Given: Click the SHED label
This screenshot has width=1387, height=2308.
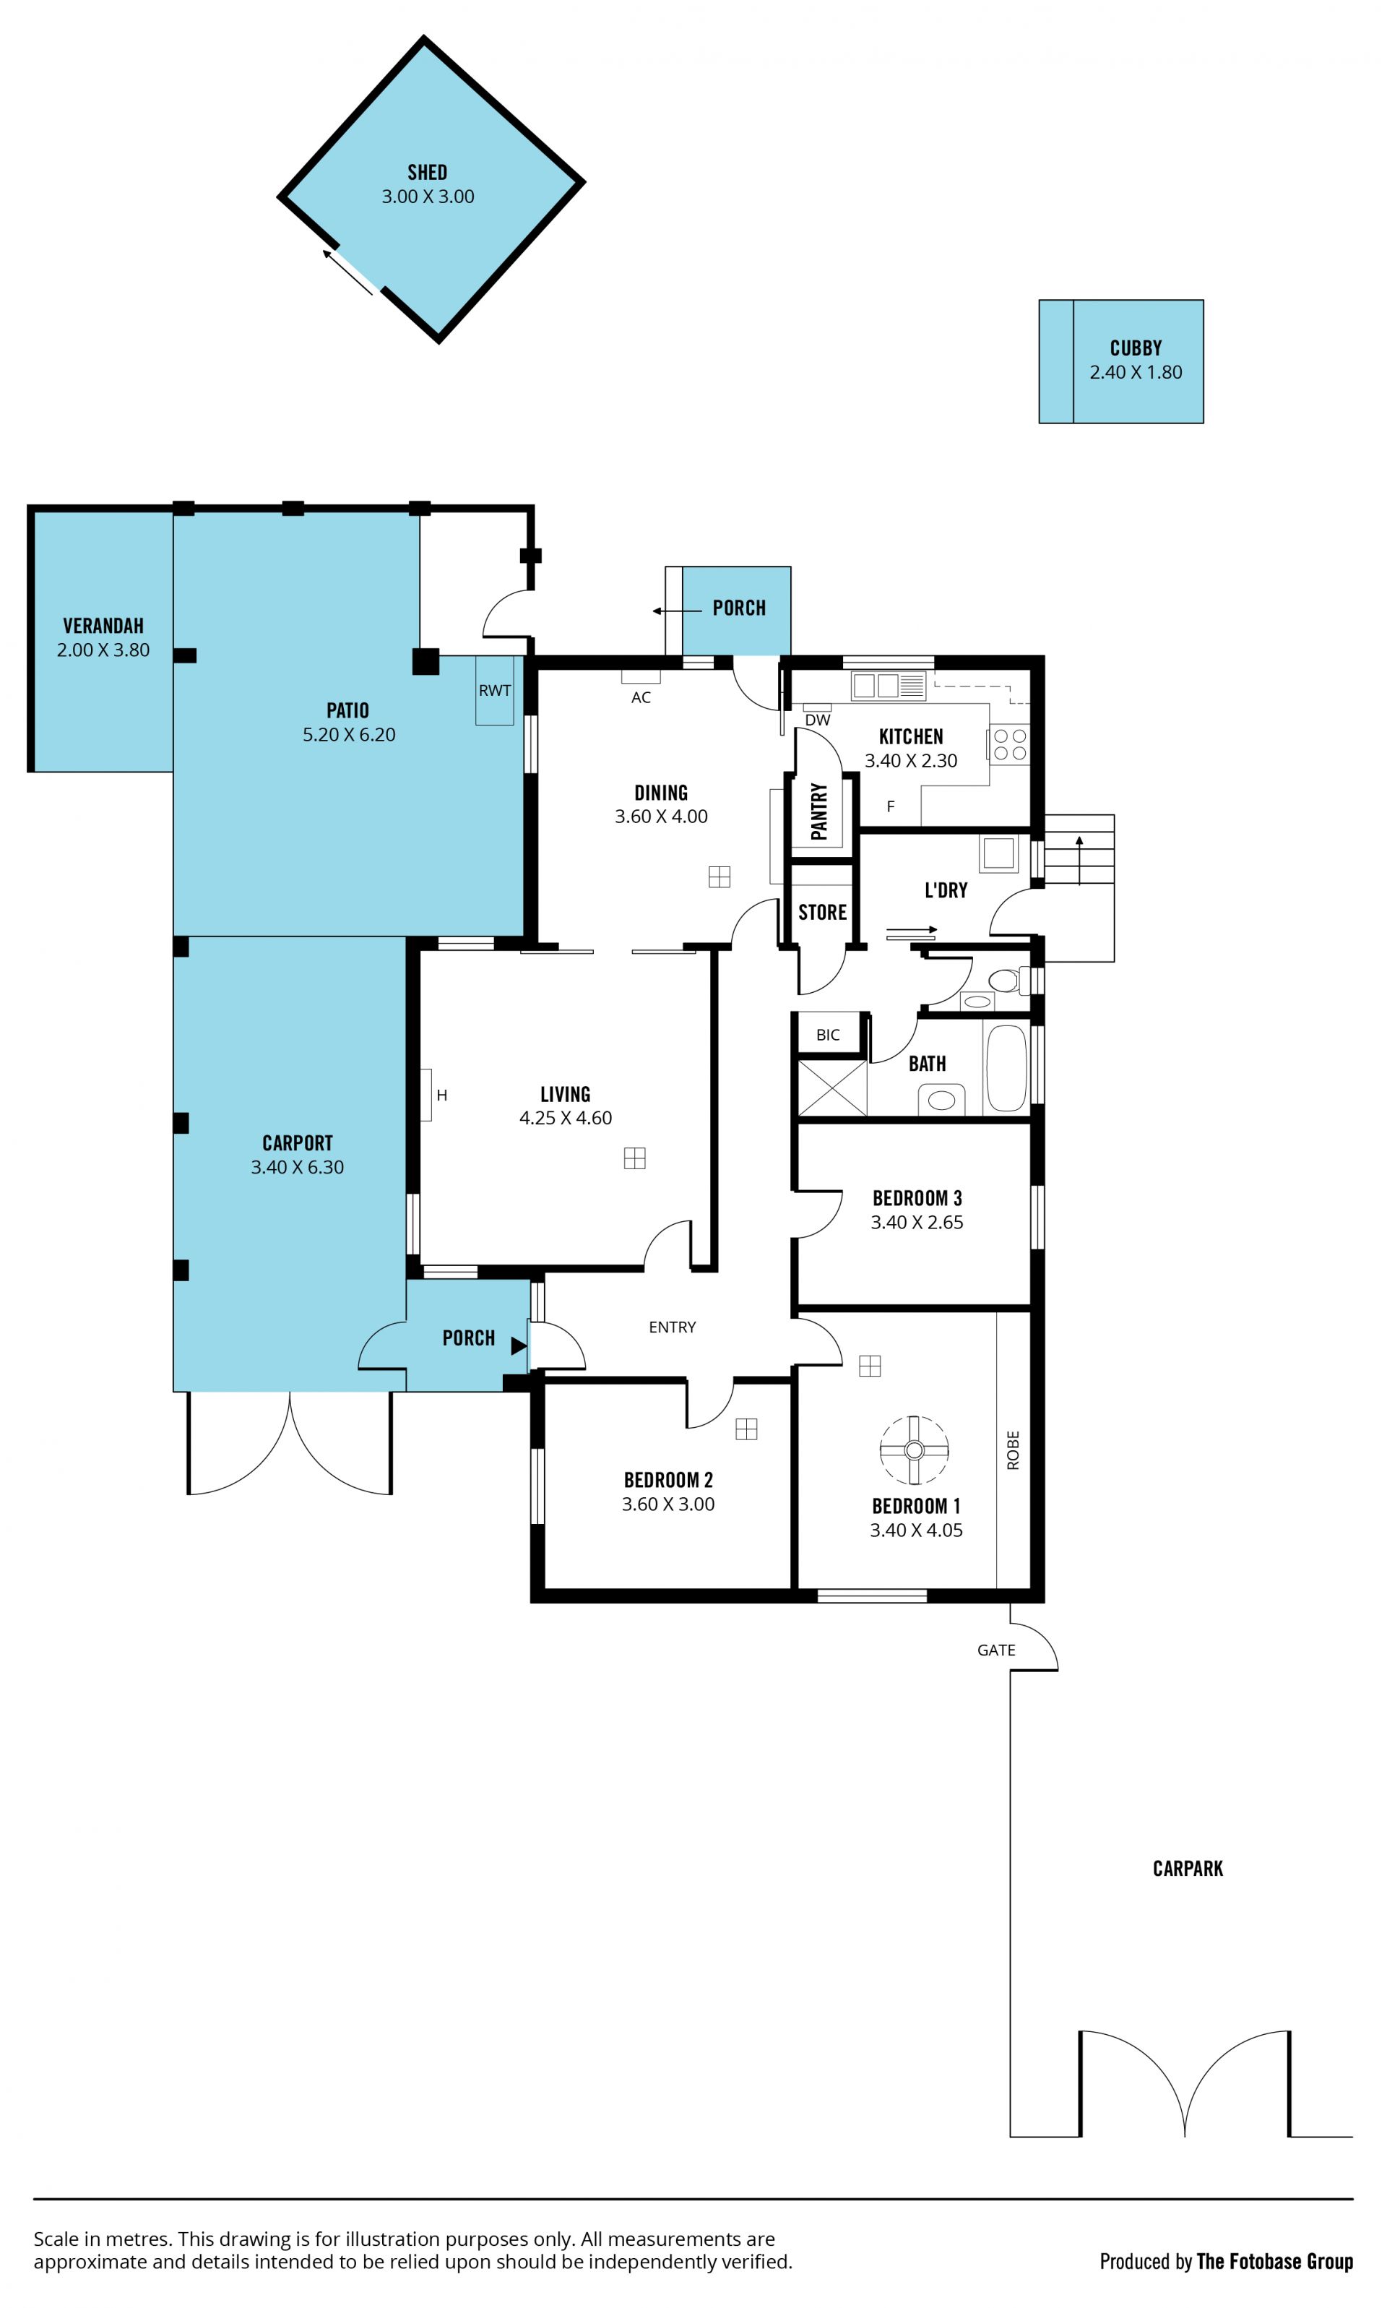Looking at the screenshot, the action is click(427, 172).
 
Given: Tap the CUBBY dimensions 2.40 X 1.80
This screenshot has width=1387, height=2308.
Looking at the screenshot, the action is click(1136, 372).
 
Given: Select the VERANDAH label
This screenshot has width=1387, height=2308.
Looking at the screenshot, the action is click(103, 625).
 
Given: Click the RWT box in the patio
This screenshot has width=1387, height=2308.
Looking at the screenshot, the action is click(494, 690).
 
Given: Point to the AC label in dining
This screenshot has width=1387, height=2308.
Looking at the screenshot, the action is click(641, 697).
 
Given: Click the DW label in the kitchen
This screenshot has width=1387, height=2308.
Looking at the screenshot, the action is click(818, 720).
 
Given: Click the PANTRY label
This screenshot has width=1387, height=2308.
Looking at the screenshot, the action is click(818, 811).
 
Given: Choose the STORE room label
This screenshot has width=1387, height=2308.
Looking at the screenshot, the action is click(823, 913).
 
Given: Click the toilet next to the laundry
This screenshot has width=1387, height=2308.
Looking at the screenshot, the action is click(1009, 981).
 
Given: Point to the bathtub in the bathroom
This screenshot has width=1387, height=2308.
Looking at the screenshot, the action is click(1006, 1067).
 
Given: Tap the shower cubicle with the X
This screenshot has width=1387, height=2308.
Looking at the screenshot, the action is click(831, 1088).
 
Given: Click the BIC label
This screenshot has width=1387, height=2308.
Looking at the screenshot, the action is click(828, 1035).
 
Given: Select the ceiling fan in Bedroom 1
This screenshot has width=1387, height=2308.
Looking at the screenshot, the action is click(914, 1450).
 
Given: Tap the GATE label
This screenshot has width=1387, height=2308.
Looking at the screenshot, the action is click(996, 1650).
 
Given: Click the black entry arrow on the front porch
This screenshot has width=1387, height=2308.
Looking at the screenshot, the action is click(519, 1346).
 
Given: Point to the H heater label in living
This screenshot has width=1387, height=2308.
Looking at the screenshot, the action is click(442, 1095).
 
